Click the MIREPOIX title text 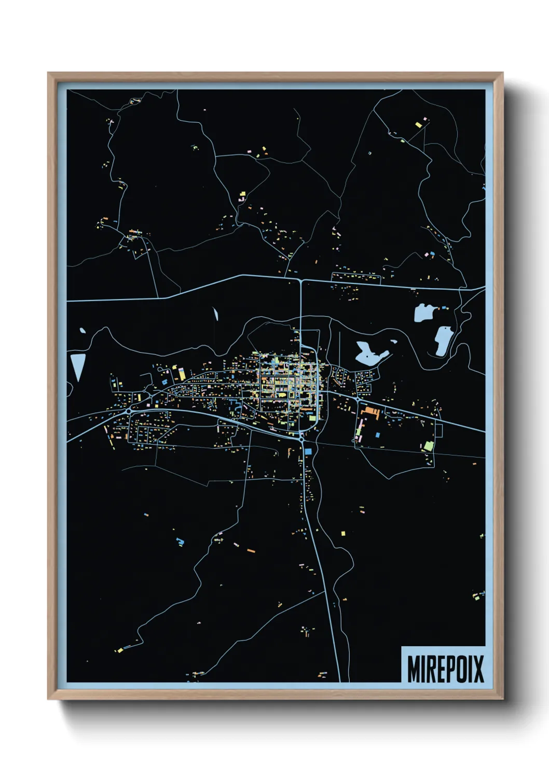tap(445, 669)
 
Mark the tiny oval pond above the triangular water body tap(82, 330)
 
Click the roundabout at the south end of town tap(301, 439)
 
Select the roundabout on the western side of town tap(128, 410)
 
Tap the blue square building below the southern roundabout tap(308, 451)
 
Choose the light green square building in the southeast tap(428, 445)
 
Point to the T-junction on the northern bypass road tap(301, 280)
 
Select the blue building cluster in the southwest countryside tap(180, 542)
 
